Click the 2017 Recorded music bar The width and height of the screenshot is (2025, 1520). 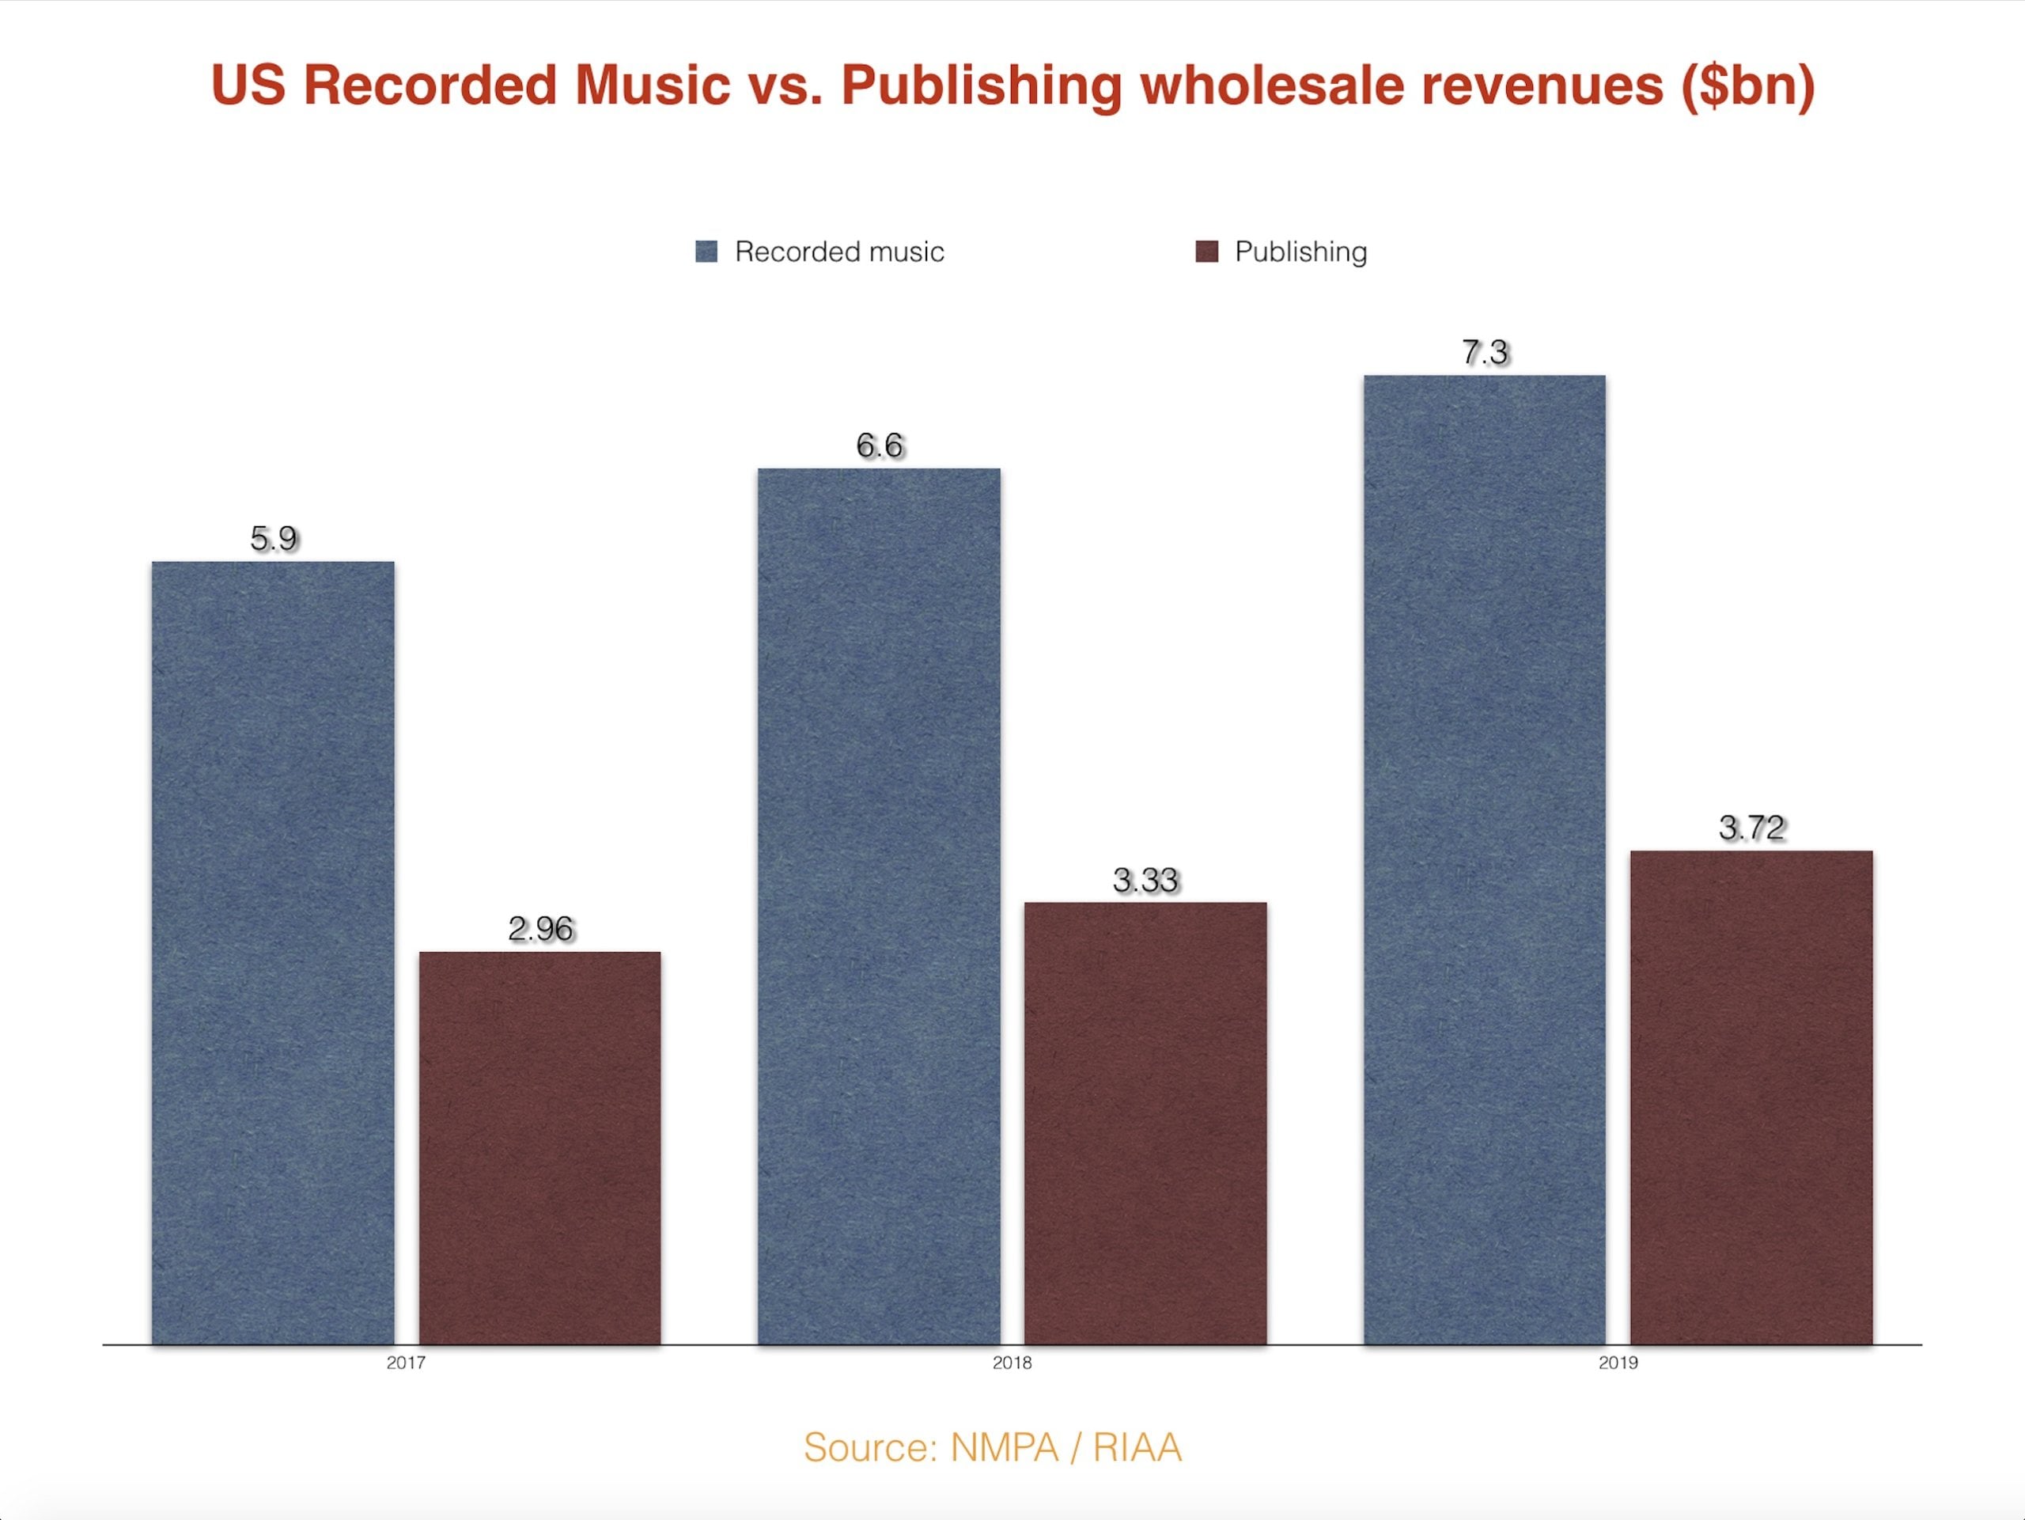(273, 953)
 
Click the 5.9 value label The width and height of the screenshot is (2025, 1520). (274, 538)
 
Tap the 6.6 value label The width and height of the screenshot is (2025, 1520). (880, 446)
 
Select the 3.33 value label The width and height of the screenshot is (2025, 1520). (1145, 880)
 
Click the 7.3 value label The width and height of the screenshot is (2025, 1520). (1485, 353)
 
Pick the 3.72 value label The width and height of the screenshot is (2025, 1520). (1752, 828)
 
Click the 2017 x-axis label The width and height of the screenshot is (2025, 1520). (406, 1363)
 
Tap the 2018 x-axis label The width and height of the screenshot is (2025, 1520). (1012, 1363)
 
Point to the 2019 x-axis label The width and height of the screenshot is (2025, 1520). (1618, 1363)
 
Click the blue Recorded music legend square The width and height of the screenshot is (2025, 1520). (706, 252)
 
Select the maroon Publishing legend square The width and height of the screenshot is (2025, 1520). (1206, 252)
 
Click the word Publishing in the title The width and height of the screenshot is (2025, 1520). (982, 86)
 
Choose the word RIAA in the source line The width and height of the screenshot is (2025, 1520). (1137, 1448)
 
